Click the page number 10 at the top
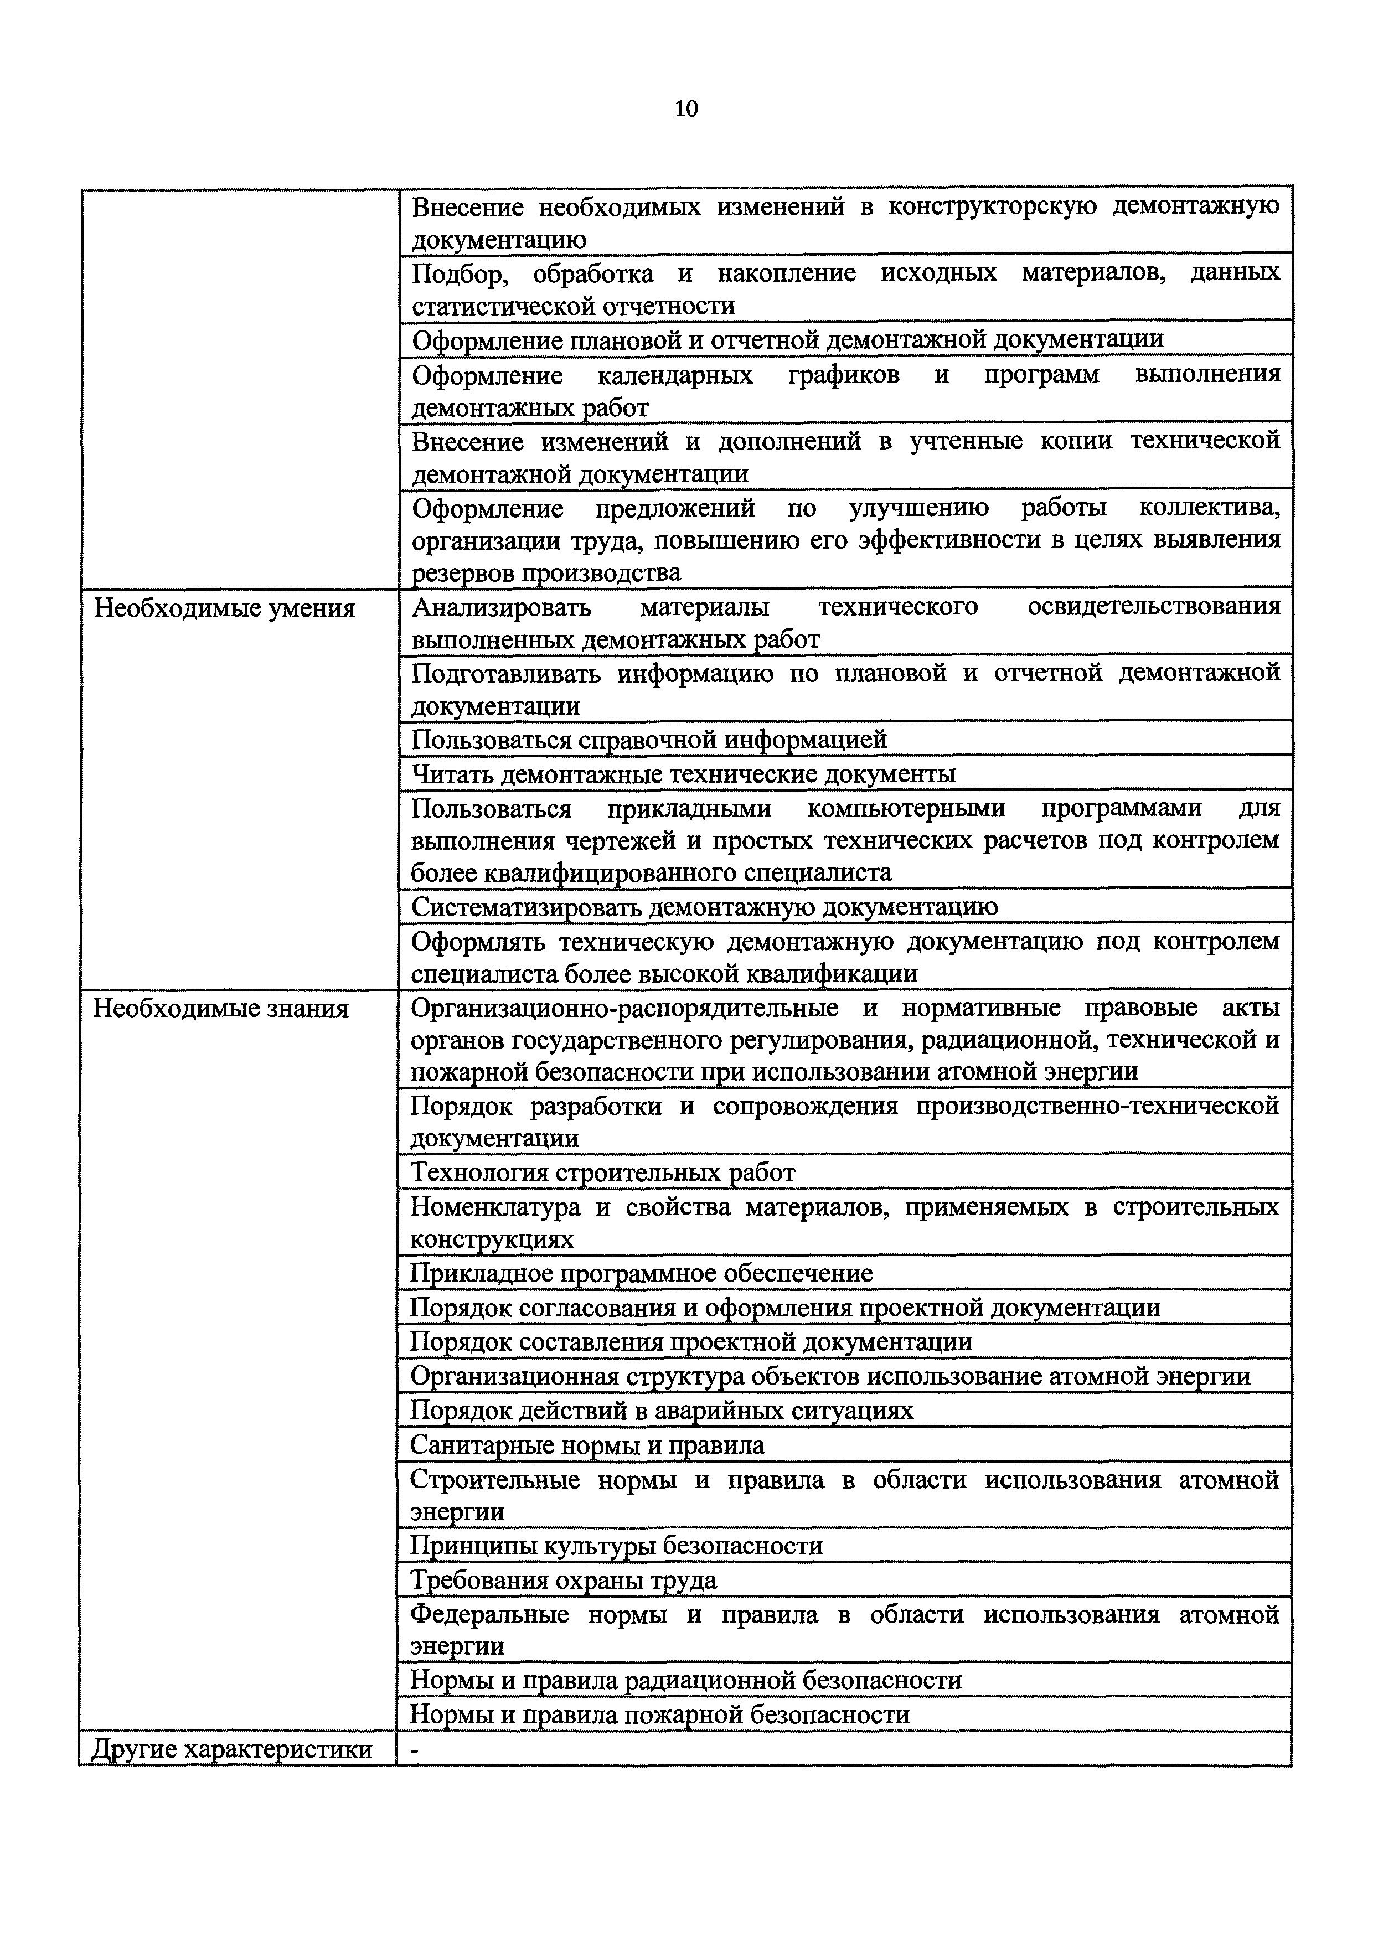(686, 109)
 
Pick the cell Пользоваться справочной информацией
(649, 739)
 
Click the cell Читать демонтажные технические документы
(684, 773)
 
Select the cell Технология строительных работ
(602, 1173)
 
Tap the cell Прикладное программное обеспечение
(641, 1273)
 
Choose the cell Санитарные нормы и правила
(587, 1445)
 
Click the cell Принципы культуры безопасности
(616, 1546)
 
